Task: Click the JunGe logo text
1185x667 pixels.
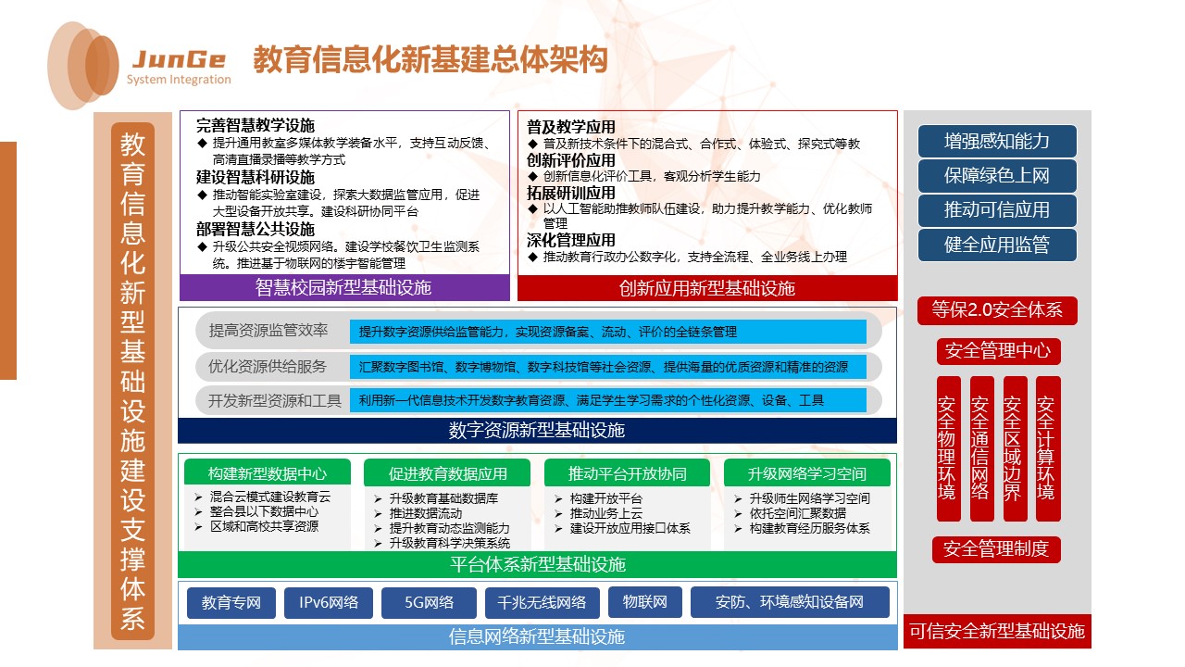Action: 179,60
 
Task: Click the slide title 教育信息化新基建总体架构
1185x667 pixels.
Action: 430,60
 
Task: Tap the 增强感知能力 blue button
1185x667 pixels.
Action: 997,141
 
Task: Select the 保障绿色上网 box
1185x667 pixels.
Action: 997,176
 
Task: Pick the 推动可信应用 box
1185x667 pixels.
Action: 997,210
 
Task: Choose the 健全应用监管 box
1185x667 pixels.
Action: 997,245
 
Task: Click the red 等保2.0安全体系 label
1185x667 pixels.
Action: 997,311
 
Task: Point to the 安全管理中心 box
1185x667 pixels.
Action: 997,351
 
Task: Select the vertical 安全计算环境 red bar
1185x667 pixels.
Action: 1047,447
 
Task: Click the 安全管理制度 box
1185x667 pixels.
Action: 996,549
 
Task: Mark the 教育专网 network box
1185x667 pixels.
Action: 231,603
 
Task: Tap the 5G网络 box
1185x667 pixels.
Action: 429,603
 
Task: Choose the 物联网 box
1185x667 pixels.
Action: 645,603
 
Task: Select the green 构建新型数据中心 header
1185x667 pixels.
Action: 268,473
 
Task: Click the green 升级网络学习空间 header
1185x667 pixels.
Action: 806,473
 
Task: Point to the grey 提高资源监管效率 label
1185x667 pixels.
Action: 268,331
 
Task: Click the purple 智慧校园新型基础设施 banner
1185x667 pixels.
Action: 343,288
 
